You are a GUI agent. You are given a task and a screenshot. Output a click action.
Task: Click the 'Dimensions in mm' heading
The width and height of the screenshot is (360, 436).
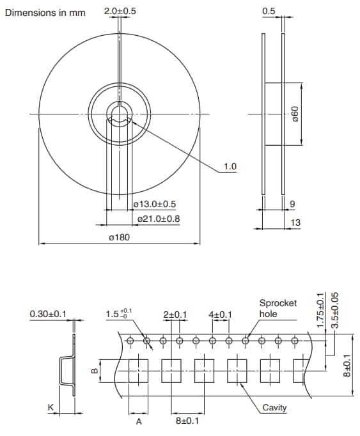coord(45,13)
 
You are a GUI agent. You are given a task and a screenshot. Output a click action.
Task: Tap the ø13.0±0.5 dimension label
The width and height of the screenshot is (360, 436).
coord(155,204)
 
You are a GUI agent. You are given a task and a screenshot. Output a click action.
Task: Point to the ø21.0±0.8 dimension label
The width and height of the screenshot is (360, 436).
coord(159,219)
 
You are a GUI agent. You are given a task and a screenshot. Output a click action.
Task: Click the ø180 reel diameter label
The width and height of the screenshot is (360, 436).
coord(120,238)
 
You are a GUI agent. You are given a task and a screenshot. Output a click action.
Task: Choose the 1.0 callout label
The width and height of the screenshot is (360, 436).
coord(230,167)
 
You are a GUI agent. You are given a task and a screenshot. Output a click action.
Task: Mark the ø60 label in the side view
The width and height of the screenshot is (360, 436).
coord(294,114)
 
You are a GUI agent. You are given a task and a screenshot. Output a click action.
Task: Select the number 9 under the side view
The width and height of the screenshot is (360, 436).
coord(292,205)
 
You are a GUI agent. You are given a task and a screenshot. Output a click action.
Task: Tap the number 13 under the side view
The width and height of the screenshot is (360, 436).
coord(295,222)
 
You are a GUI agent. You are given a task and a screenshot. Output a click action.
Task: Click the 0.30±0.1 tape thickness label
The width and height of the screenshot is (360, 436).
coord(49,314)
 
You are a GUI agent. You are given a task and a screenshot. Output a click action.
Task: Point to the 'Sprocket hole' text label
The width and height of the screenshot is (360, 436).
coord(278,308)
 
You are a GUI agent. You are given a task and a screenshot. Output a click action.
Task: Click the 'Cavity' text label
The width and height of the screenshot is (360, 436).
coord(274,408)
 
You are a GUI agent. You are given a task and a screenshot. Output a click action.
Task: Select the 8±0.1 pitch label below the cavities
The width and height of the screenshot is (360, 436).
coord(187,422)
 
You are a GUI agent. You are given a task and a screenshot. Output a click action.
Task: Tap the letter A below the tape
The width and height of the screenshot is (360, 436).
coord(138,422)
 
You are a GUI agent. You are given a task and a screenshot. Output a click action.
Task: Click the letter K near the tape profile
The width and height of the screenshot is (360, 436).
coord(51,407)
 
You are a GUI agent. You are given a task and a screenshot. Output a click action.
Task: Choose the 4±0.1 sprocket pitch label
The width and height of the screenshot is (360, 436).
coord(220,315)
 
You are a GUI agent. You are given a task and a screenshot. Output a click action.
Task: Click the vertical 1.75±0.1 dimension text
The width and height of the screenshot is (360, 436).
coord(320,309)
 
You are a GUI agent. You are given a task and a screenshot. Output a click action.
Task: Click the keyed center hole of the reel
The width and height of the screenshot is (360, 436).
coord(119,115)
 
